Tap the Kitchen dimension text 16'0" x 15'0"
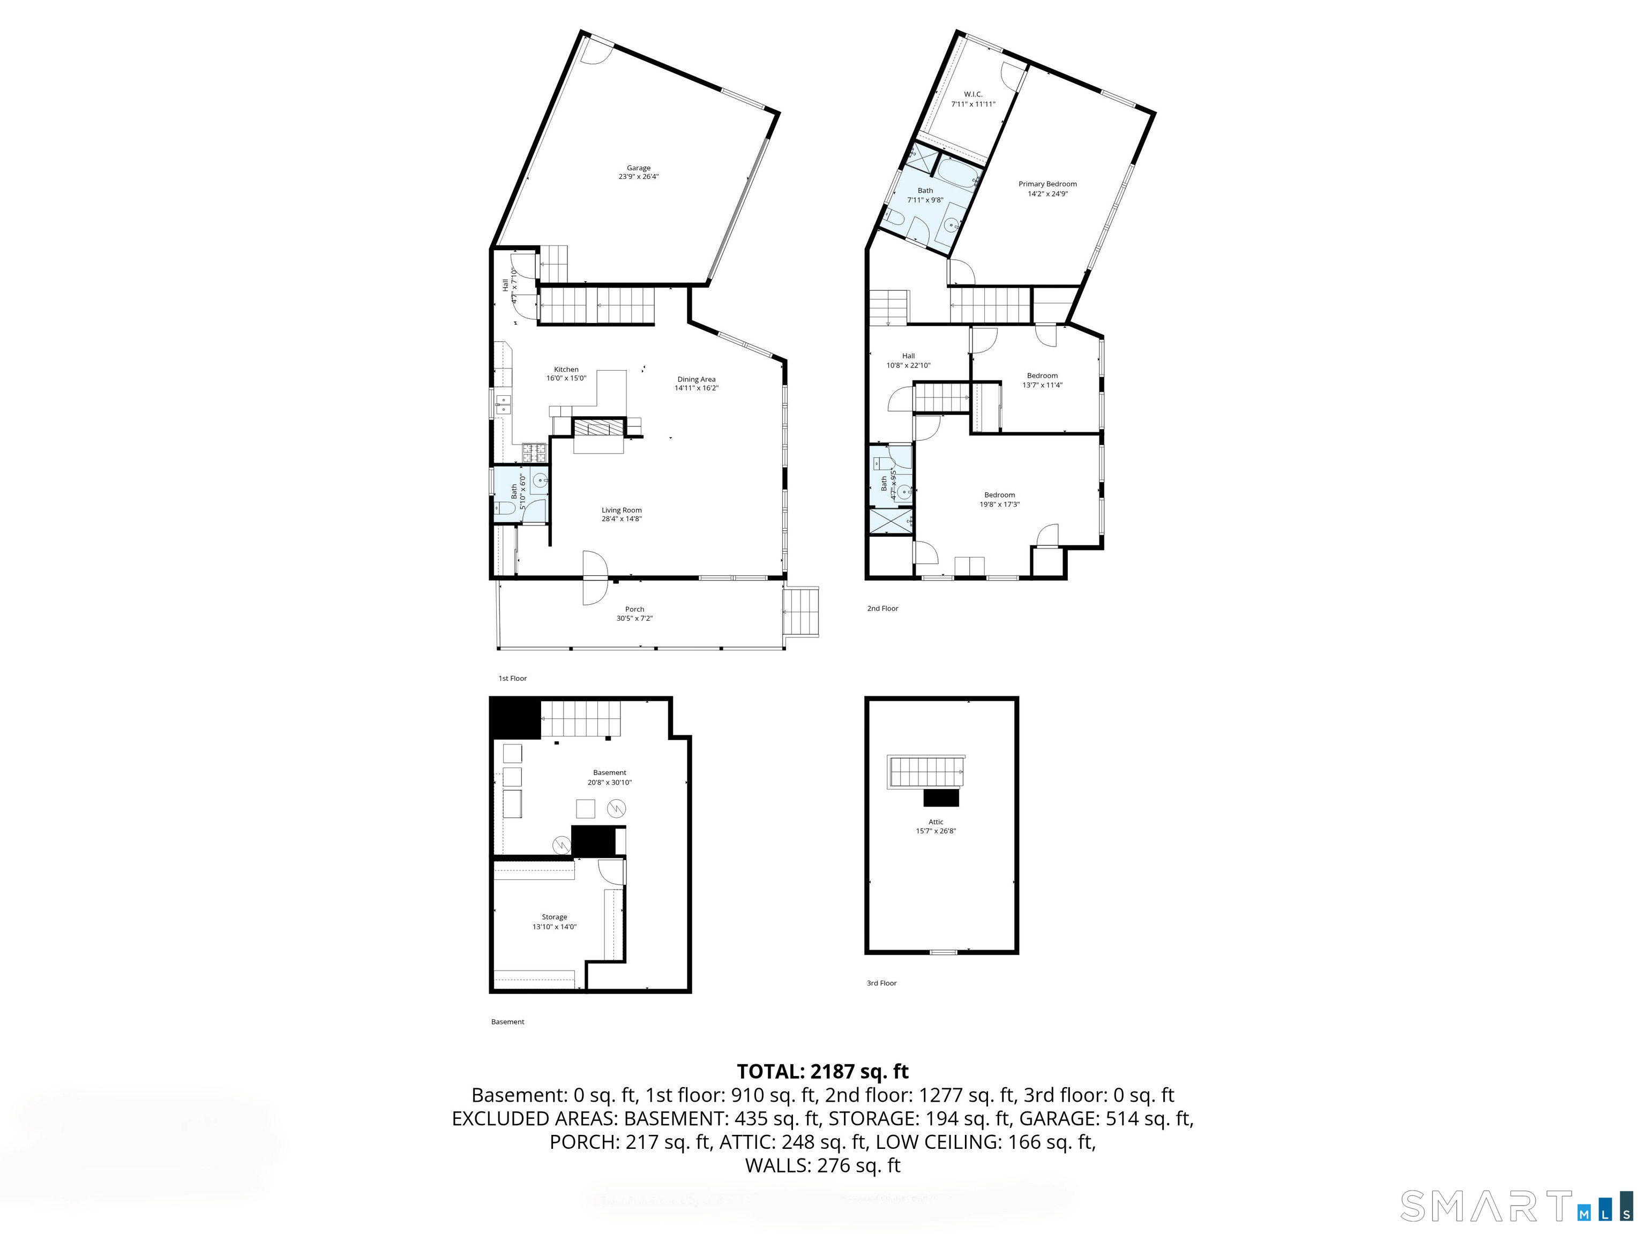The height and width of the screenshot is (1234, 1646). click(566, 379)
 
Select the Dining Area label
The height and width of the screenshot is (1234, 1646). click(696, 379)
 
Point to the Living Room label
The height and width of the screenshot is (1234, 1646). click(622, 510)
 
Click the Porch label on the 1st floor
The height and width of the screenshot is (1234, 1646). click(634, 609)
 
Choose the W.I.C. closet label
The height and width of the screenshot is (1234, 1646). click(972, 94)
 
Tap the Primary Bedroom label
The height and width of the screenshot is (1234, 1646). click(1047, 184)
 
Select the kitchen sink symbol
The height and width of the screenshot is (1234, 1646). click(504, 405)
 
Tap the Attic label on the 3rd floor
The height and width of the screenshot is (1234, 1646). click(936, 822)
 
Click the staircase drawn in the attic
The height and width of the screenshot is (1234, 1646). click(926, 771)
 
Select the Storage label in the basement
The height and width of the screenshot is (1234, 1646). click(555, 917)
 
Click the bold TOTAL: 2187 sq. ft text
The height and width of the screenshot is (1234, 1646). click(822, 1072)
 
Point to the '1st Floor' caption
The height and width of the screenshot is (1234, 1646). click(512, 679)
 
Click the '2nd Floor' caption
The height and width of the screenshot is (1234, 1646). click(882, 608)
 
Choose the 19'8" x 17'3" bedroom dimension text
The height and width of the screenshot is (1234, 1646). click(999, 505)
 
